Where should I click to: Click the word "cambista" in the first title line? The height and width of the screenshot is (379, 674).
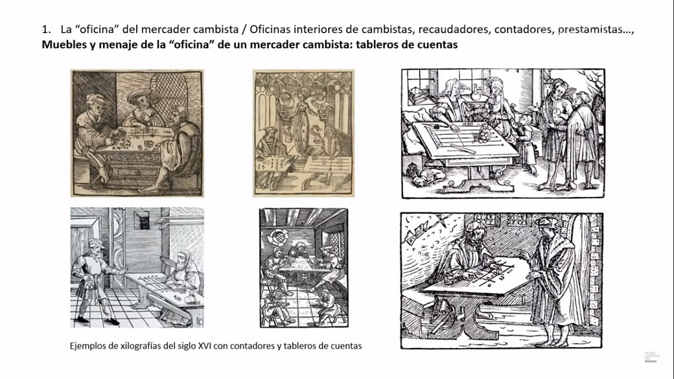(x=216, y=29)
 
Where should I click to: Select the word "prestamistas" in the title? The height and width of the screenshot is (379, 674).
(x=590, y=30)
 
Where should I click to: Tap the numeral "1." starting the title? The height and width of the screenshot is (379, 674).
(x=47, y=29)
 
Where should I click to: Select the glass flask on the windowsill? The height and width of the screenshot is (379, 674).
(x=475, y=92)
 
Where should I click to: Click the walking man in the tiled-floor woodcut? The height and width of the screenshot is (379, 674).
(x=96, y=281)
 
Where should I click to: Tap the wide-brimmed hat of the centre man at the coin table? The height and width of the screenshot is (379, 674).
(x=143, y=96)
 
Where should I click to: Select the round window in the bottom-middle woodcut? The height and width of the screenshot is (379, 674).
(x=278, y=237)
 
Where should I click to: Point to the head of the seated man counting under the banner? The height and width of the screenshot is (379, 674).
(x=474, y=232)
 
